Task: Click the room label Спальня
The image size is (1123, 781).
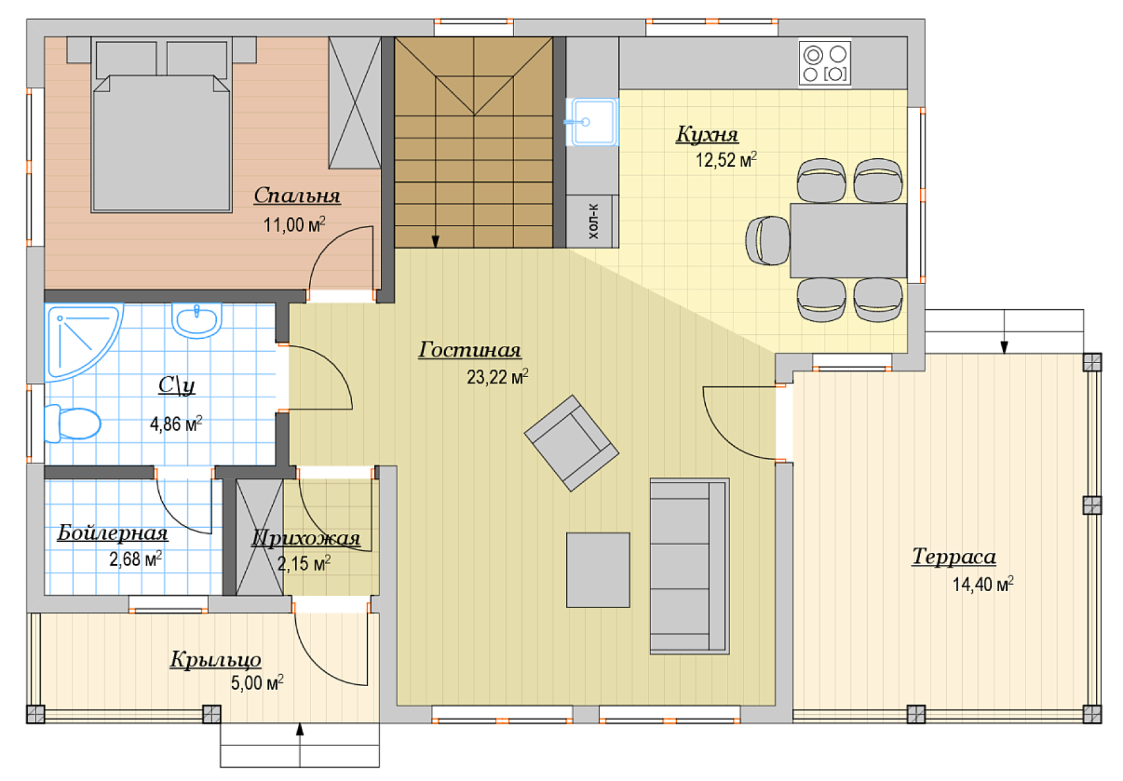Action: pyautogui.click(x=297, y=196)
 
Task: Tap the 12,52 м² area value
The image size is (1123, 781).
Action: pyautogui.click(x=726, y=159)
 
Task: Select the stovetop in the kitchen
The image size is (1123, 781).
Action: pyautogui.click(x=824, y=64)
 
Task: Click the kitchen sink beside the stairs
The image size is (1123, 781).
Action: pyautogui.click(x=592, y=122)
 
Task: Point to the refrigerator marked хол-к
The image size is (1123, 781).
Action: pyautogui.click(x=592, y=221)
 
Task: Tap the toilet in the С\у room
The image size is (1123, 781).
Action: pyautogui.click(x=72, y=424)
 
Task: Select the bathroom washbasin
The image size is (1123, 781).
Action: pyautogui.click(x=196, y=320)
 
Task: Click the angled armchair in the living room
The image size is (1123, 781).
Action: pyautogui.click(x=571, y=443)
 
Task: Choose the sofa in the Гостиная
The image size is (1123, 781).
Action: pyautogui.click(x=690, y=566)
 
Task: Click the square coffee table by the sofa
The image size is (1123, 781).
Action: pyautogui.click(x=598, y=570)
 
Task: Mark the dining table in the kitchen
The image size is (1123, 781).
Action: pyautogui.click(x=848, y=241)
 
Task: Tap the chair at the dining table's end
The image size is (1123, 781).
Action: pyautogui.click(x=768, y=241)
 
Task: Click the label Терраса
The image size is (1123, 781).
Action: pyautogui.click(x=954, y=557)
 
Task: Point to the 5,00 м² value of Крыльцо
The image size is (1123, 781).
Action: pyautogui.click(x=257, y=683)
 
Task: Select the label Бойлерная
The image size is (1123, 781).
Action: pyautogui.click(x=113, y=533)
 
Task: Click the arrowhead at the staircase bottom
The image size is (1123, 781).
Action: pyautogui.click(x=435, y=242)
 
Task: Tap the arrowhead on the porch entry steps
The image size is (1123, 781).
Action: pyautogui.click(x=300, y=730)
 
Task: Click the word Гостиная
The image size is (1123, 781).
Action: pyautogui.click(x=470, y=350)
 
